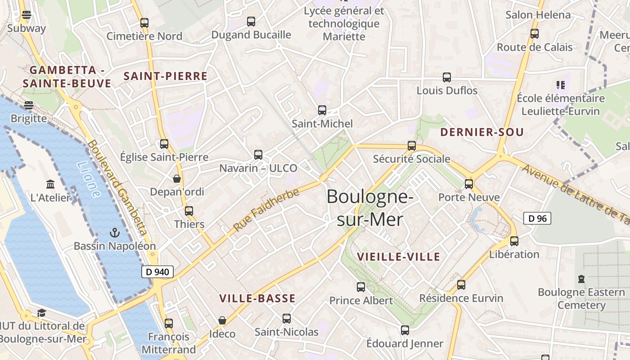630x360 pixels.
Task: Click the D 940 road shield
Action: (x=157, y=272)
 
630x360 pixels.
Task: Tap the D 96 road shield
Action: (x=537, y=219)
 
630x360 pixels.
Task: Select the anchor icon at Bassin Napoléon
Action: (x=115, y=233)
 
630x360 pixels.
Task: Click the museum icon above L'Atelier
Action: (x=50, y=184)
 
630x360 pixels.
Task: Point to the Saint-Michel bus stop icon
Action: (x=322, y=110)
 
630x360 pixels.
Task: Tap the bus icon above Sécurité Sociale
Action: (x=412, y=145)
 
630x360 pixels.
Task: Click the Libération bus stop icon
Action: (x=514, y=241)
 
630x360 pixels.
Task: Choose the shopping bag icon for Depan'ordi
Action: (x=177, y=179)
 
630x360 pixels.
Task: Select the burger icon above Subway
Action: (x=27, y=15)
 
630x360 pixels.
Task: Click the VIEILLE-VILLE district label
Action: (x=398, y=257)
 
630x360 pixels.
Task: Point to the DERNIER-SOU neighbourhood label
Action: (x=482, y=132)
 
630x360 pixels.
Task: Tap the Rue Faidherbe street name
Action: (x=266, y=210)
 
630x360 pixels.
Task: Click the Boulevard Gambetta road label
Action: (x=118, y=188)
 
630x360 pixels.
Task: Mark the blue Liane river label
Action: (x=89, y=180)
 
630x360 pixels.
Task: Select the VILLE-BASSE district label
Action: (x=257, y=298)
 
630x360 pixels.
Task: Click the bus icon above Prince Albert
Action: (x=361, y=287)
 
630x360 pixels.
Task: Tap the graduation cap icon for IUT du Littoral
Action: (x=42, y=313)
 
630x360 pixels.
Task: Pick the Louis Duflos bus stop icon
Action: (x=447, y=77)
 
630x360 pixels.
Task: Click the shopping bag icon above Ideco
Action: (x=222, y=320)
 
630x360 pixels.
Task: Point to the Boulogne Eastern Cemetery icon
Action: (x=581, y=279)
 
